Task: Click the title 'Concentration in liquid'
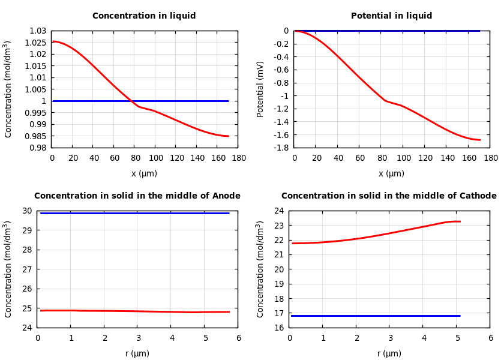(x=144, y=16)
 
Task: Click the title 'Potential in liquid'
(x=391, y=16)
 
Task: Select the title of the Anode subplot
(x=137, y=196)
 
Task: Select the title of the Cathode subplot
(x=389, y=196)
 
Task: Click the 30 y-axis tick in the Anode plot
(x=27, y=211)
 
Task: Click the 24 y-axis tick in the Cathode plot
(x=279, y=211)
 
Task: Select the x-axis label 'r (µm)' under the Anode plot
(x=137, y=353)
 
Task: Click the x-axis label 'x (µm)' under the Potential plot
(x=391, y=173)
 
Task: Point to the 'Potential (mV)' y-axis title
(x=260, y=89)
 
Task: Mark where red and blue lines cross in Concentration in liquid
(x=132, y=101)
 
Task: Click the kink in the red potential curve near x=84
(x=385, y=100)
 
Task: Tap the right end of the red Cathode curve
(x=460, y=221)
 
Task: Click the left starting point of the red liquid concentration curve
(x=53, y=41)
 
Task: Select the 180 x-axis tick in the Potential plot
(x=490, y=158)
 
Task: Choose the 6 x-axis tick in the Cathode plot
(x=490, y=338)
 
